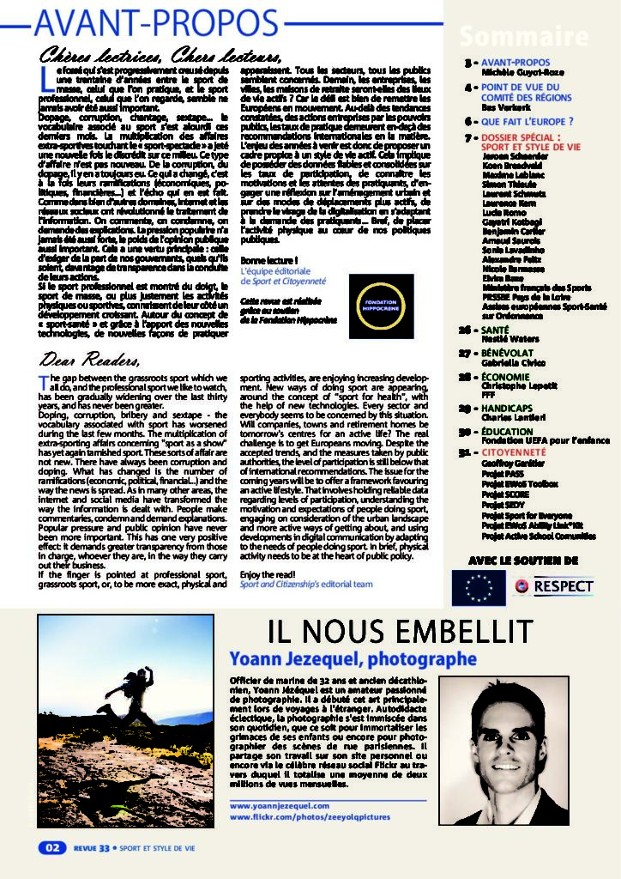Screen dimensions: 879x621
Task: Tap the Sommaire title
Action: click(522, 37)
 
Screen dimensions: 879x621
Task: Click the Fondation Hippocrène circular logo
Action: click(382, 306)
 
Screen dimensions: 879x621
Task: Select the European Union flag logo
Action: click(478, 587)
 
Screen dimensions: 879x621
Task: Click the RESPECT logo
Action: click(553, 587)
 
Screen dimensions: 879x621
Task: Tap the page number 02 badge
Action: click(51, 847)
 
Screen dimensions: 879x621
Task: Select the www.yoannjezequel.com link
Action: click(279, 806)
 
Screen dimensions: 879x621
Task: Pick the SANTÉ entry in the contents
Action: click(499, 330)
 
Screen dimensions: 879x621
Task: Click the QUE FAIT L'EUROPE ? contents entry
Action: click(527, 122)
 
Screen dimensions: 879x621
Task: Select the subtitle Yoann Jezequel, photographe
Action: click(353, 659)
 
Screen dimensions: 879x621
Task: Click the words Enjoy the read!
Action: click(267, 573)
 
